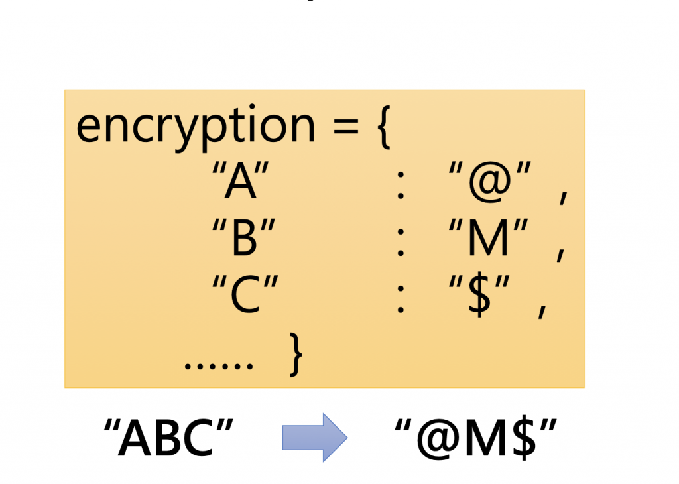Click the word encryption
tap(196, 128)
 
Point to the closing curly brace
tap(296, 356)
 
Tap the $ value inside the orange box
tap(483, 296)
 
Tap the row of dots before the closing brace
tap(219, 365)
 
